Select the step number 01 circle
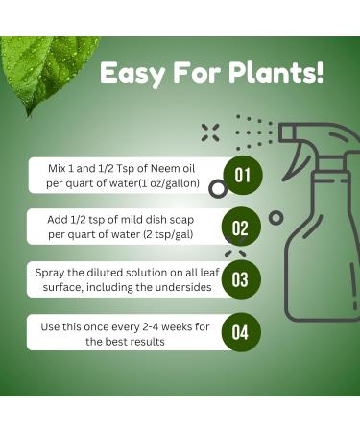point(241,176)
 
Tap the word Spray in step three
point(52,272)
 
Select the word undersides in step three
point(182,286)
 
